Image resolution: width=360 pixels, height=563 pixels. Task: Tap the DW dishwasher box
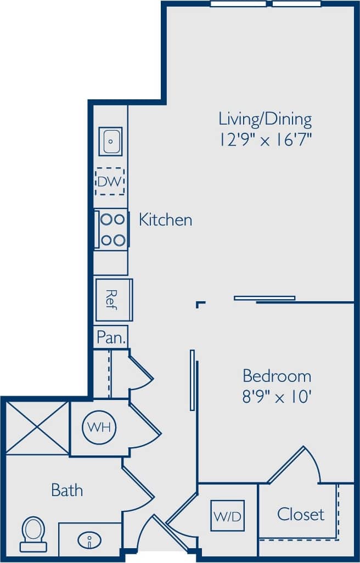pyautogui.click(x=110, y=182)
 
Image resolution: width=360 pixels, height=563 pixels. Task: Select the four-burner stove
pyautogui.click(x=112, y=229)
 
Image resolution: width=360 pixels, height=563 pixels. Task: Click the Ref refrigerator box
pyautogui.click(x=113, y=300)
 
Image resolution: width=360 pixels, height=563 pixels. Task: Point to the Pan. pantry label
pyautogui.click(x=111, y=337)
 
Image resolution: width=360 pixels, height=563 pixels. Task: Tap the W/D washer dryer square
pyautogui.click(x=227, y=515)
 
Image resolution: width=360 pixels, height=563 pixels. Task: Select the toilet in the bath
pyautogui.click(x=33, y=534)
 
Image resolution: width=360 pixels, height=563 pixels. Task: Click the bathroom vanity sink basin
pyautogui.click(x=89, y=541)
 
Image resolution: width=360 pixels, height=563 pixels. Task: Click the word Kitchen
pyautogui.click(x=165, y=220)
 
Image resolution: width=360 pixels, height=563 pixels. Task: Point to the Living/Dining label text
pyautogui.click(x=265, y=119)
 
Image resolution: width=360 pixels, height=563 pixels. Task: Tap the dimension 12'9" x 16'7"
pyautogui.click(x=265, y=140)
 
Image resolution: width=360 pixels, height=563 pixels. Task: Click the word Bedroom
pyautogui.click(x=277, y=376)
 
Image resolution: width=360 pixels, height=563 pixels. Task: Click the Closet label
pyautogui.click(x=300, y=514)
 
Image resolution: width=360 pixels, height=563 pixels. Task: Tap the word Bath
pyautogui.click(x=67, y=489)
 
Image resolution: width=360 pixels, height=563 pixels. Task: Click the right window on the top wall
pyautogui.click(x=296, y=4)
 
